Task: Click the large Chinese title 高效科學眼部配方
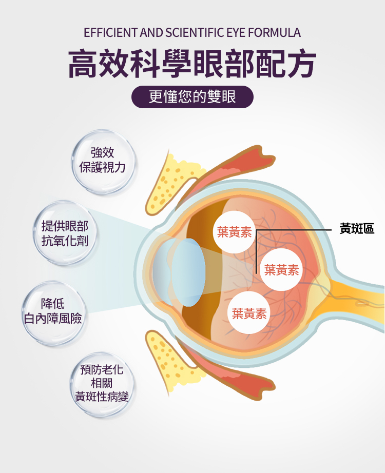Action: (192, 64)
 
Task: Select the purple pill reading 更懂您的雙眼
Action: (192, 96)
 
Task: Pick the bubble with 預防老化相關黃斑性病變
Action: (102, 383)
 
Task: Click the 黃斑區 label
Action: (357, 229)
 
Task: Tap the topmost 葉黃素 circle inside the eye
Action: (234, 232)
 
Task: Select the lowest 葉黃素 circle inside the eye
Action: (249, 313)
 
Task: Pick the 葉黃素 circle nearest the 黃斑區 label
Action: (282, 270)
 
